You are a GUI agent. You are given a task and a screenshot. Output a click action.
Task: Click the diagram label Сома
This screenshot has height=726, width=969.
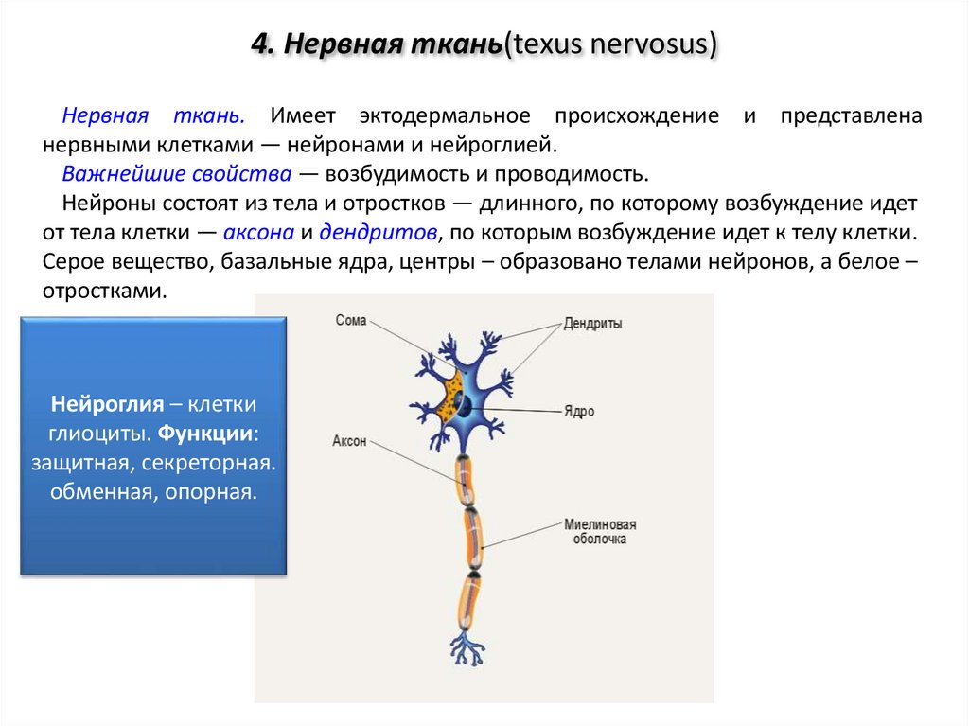pos(350,321)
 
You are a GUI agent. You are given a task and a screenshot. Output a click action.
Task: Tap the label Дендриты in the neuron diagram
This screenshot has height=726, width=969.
pos(592,324)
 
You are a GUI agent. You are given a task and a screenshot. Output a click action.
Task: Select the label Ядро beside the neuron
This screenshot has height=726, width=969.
pos(579,412)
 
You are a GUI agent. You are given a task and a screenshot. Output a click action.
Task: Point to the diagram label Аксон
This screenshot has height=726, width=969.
pos(348,441)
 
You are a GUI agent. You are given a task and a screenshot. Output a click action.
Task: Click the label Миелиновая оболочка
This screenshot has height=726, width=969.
pos(600,532)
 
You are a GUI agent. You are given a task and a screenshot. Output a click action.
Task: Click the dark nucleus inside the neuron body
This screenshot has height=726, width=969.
pos(465,406)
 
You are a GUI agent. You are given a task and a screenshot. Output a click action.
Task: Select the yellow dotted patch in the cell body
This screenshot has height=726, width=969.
pos(445,398)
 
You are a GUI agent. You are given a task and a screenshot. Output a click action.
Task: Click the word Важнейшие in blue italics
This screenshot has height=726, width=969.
pos(119,175)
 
